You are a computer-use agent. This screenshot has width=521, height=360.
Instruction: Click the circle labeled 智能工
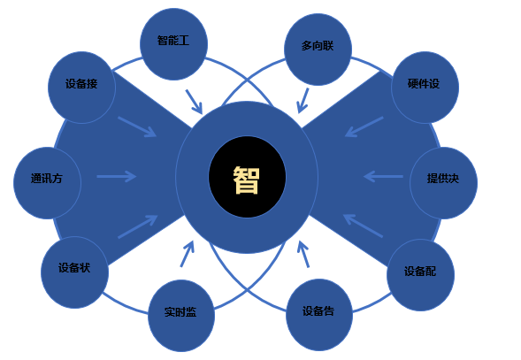[x=173, y=44]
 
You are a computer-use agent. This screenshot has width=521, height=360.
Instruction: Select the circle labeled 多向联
[x=318, y=50]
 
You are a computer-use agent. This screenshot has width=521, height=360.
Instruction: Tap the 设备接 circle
[x=81, y=88]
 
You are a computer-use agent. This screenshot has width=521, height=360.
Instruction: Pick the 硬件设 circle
[x=425, y=88]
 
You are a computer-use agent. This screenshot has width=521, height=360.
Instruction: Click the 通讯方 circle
[x=47, y=183]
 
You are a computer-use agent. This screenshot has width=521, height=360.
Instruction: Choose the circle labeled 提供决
[x=443, y=183]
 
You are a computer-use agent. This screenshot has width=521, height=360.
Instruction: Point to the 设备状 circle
[x=75, y=272]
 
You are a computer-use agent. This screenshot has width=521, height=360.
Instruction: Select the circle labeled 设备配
[x=421, y=275]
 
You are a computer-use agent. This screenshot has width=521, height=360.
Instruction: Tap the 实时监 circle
[x=181, y=316]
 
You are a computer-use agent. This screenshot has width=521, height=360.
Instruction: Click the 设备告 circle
[x=319, y=315]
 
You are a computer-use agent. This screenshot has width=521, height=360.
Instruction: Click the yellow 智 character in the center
[x=246, y=180]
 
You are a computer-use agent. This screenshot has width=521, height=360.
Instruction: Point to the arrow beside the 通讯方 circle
[x=116, y=176]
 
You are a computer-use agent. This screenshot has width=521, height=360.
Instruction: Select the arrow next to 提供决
[x=383, y=176]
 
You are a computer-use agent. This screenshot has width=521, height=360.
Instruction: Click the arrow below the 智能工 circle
[x=194, y=102]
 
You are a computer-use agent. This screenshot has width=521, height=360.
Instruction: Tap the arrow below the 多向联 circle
[x=303, y=101]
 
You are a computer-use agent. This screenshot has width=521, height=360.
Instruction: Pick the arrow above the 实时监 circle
[x=187, y=254]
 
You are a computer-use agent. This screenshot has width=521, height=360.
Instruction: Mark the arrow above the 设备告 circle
[x=303, y=254]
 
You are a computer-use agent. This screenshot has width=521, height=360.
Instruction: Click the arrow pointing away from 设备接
[x=137, y=126]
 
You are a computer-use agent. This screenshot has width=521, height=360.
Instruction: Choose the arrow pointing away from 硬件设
[x=364, y=126]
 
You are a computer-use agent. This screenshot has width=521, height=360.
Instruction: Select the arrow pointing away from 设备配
[x=363, y=226]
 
